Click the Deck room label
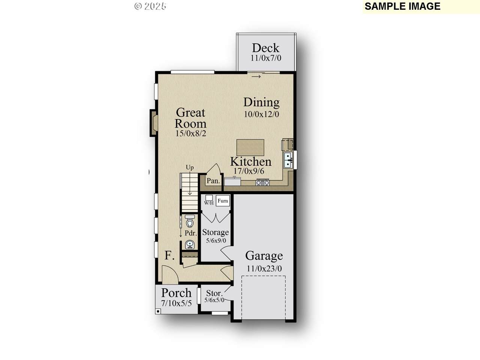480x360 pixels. pos(265,48)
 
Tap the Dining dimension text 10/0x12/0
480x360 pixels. pos(261,114)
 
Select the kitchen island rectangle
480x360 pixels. pos(250,147)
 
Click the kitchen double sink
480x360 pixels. pos(288,160)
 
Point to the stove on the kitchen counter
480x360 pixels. pos(262,182)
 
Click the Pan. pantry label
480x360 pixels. pos(213,181)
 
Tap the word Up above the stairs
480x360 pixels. pos(190,168)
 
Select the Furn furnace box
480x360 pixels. pos(223,201)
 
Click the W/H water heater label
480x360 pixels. pos(208,203)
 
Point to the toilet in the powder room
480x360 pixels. pos(190,221)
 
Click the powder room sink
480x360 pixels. pos(190,244)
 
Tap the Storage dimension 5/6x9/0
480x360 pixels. pos(216,241)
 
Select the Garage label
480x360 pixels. pos(264,256)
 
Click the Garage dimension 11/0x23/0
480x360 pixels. pos(264,268)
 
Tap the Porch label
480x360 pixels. pos(176,293)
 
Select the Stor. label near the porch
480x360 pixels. pos(214,293)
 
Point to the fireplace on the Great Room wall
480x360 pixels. pos(153,123)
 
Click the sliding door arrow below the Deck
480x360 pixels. pos(256,76)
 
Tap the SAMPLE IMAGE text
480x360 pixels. pos(402,6)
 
